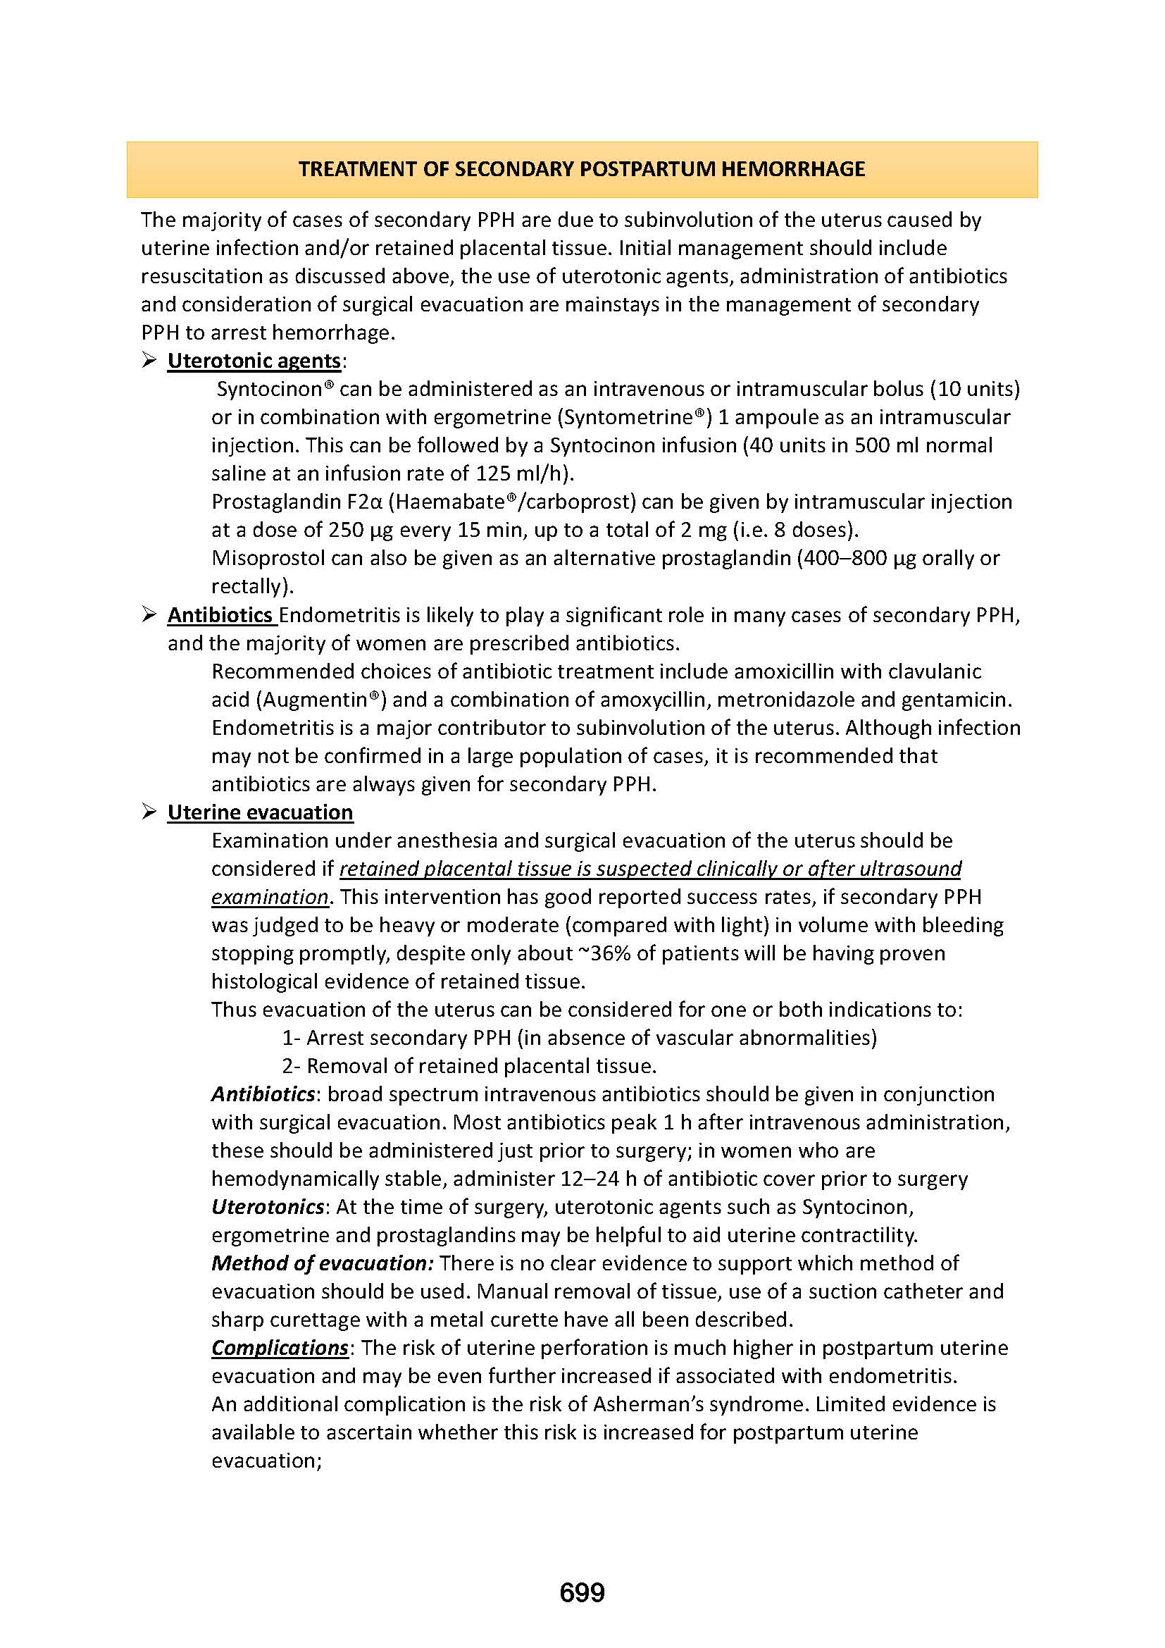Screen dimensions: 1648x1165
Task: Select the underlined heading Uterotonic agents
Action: tap(254, 360)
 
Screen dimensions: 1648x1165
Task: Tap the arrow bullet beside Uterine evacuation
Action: tap(149, 812)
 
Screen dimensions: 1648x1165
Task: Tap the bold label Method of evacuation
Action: tap(322, 1263)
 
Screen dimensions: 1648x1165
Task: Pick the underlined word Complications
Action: tap(280, 1347)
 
